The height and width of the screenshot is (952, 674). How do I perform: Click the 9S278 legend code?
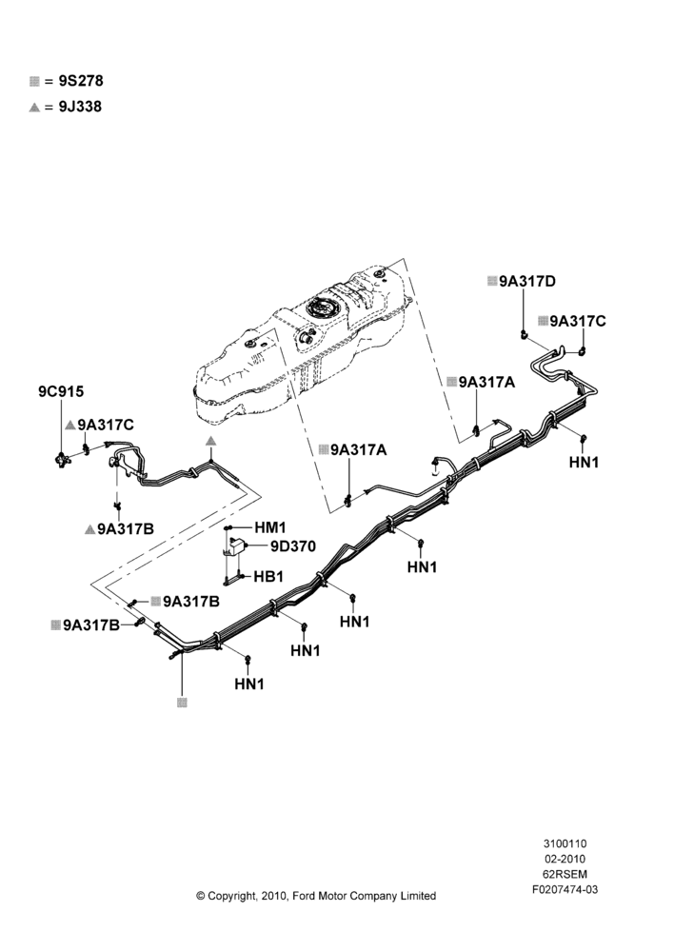(81, 81)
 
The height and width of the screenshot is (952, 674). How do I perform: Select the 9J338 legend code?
(80, 107)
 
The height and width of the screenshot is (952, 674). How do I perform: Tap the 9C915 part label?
(61, 391)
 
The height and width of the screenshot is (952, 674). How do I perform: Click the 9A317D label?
(527, 281)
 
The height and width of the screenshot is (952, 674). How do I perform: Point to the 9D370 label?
(293, 546)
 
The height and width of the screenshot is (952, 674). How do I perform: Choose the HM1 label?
(270, 527)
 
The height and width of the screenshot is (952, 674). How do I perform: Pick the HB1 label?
(269, 576)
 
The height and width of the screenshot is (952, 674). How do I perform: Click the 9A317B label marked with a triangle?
(126, 528)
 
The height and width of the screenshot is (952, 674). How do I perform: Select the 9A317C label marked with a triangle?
(106, 425)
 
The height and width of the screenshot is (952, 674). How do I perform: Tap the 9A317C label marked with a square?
(578, 321)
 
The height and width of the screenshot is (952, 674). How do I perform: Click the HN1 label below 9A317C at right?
(585, 462)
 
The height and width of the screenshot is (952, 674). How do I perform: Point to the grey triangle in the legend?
(34, 108)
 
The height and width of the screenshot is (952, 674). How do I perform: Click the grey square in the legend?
(34, 81)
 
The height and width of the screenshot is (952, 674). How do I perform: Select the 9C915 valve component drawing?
(62, 460)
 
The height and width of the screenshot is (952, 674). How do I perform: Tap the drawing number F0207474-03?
(565, 889)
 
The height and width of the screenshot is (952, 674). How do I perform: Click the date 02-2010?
(565, 859)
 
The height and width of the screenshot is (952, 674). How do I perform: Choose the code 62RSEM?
(565, 874)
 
